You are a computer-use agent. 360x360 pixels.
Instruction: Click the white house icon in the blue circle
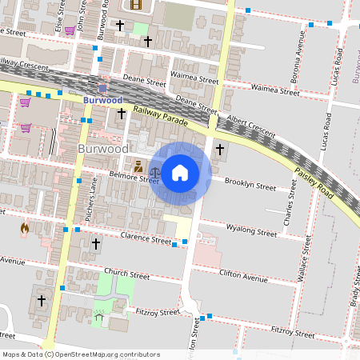click(180, 172)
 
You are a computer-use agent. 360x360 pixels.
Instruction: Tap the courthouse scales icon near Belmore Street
click(138, 166)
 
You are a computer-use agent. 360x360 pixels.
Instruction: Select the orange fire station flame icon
click(25, 229)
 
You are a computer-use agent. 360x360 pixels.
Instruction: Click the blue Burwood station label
click(102, 101)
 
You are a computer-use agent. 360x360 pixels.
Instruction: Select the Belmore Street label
click(134, 178)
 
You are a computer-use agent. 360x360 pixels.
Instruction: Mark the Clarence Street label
click(146, 238)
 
